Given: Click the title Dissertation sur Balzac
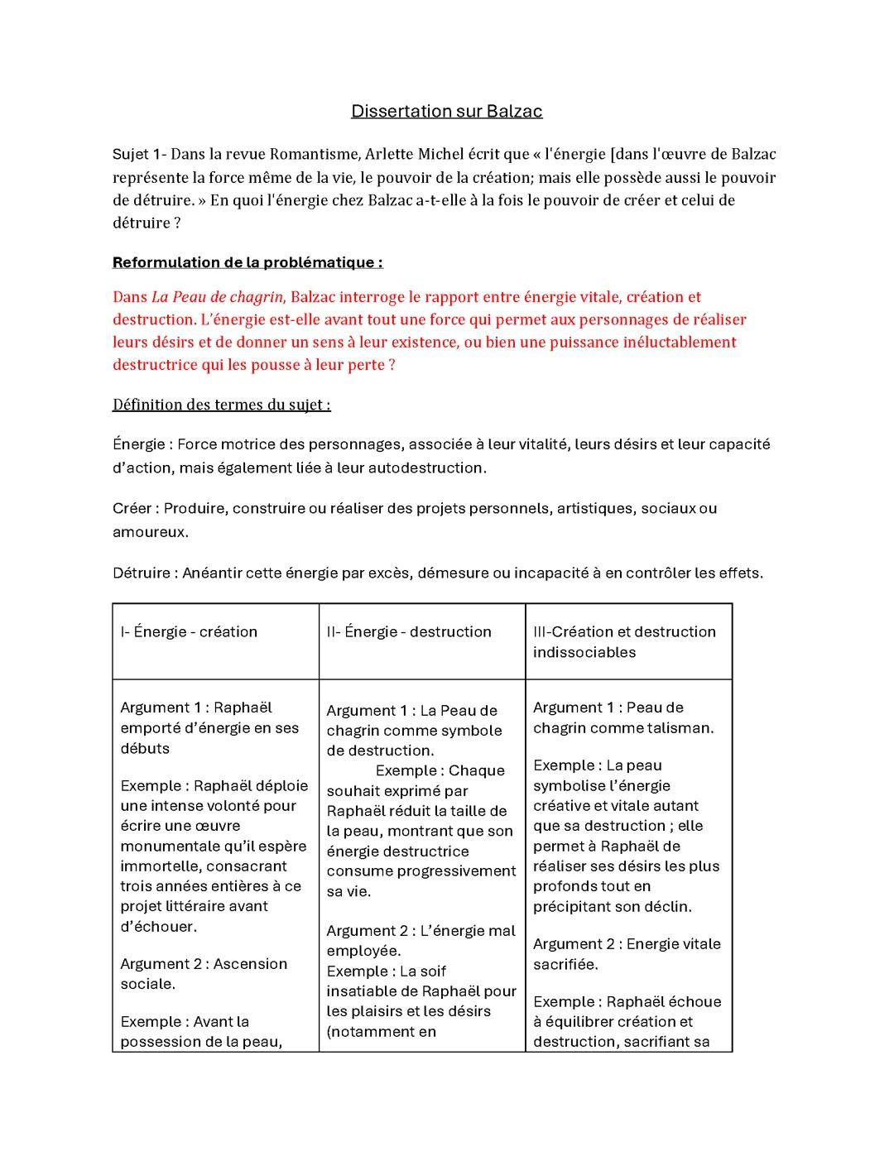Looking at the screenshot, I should (446, 111).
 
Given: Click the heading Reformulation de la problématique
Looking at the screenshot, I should (247, 263).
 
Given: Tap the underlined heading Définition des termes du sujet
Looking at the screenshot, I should (221, 405).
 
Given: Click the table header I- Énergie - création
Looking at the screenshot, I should (189, 632).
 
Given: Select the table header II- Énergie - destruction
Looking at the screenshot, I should (409, 632).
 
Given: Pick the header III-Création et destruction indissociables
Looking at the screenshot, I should (624, 642).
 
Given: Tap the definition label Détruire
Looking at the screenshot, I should (142, 573).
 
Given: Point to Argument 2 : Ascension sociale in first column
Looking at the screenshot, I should (204, 974).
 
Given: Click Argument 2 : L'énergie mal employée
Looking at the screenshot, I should (421, 941).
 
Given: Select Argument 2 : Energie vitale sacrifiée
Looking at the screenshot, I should (627, 954).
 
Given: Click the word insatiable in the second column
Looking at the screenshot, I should (372, 991).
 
